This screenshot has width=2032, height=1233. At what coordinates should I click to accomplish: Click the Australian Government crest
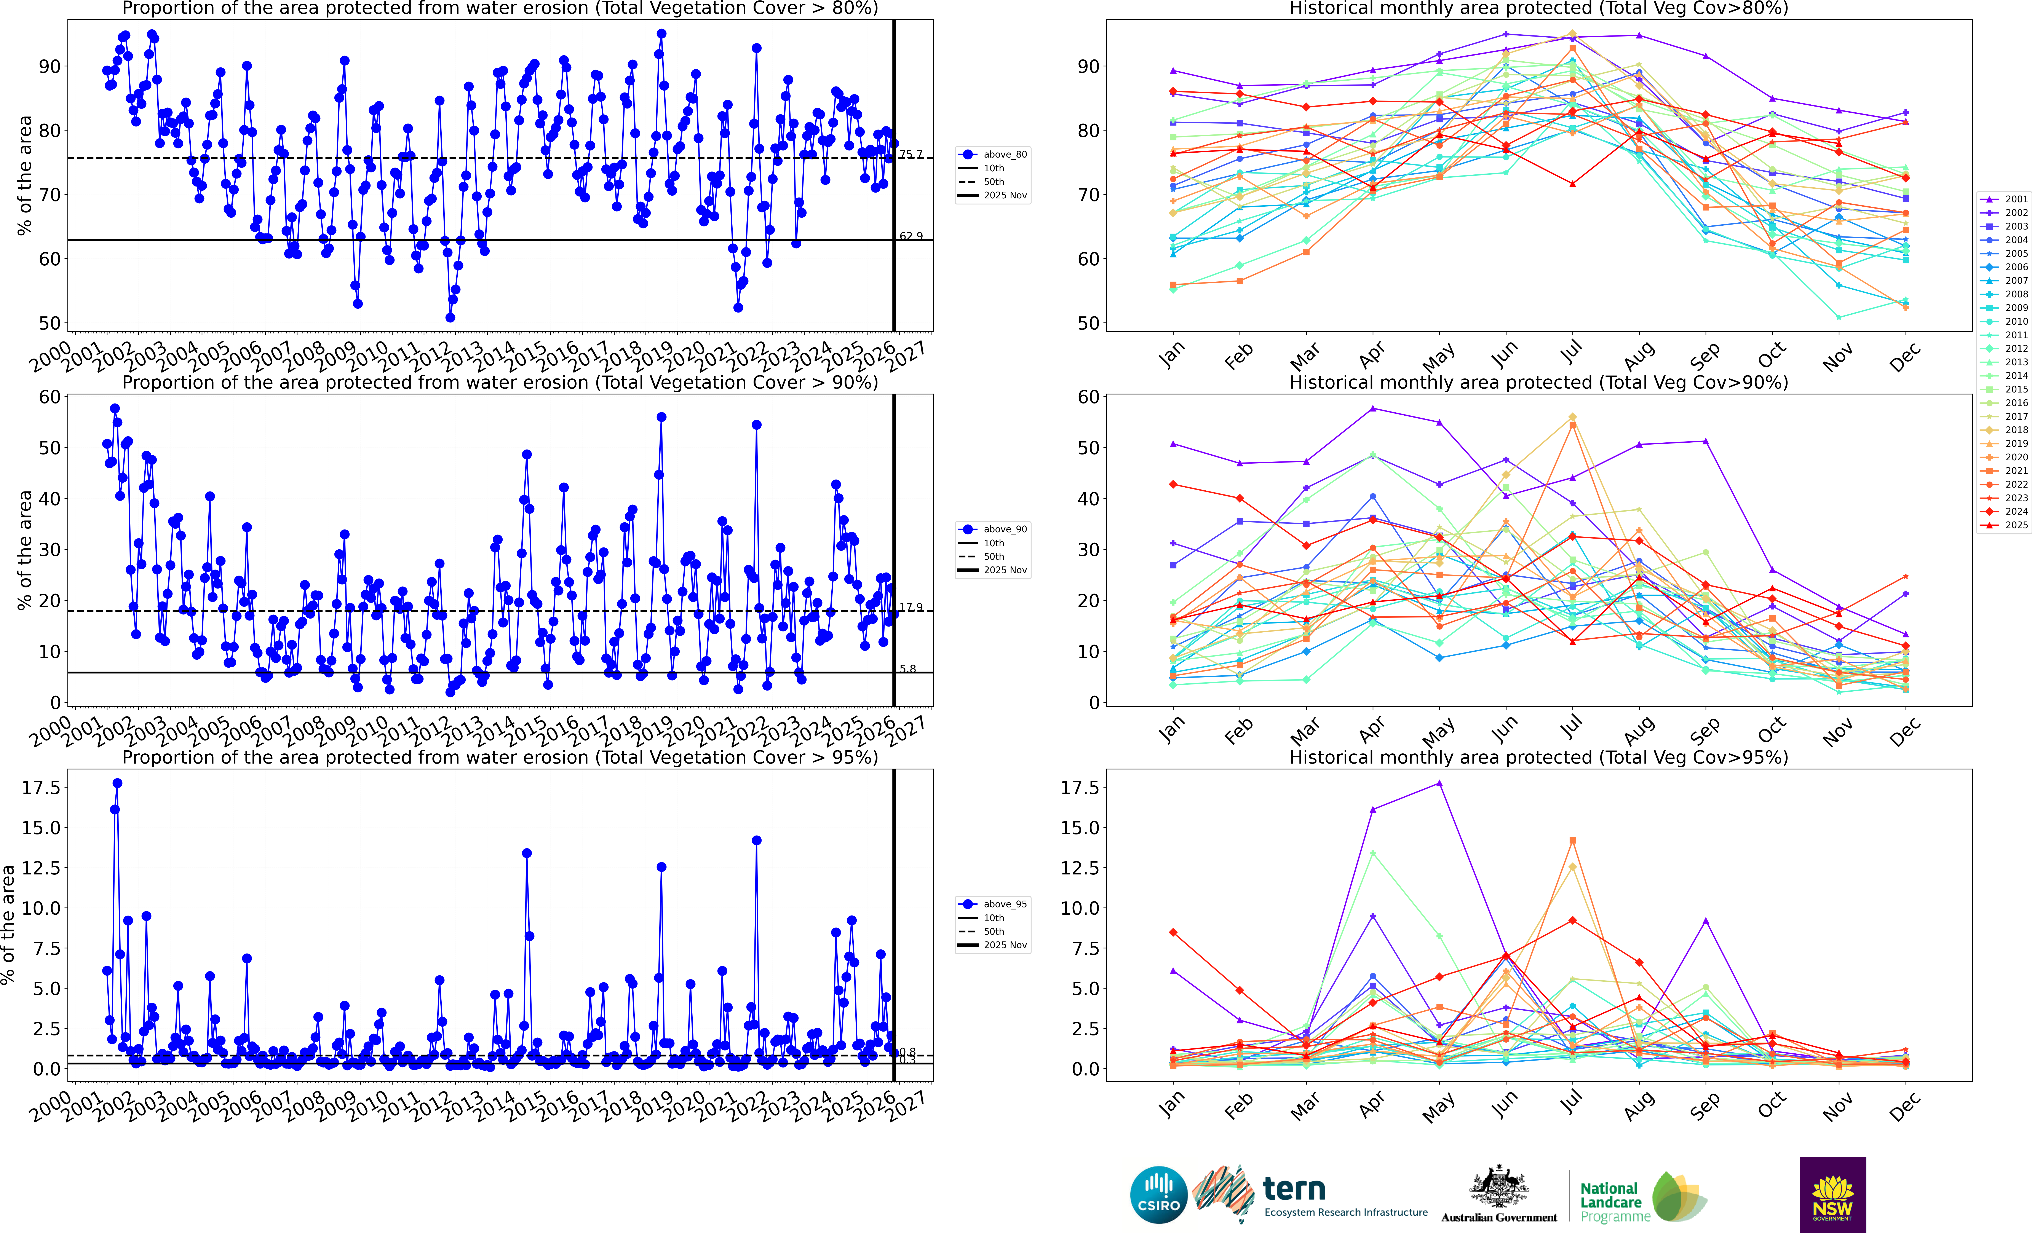click(1498, 1188)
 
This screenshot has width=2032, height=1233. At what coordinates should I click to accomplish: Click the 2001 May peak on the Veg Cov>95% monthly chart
click(1439, 783)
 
